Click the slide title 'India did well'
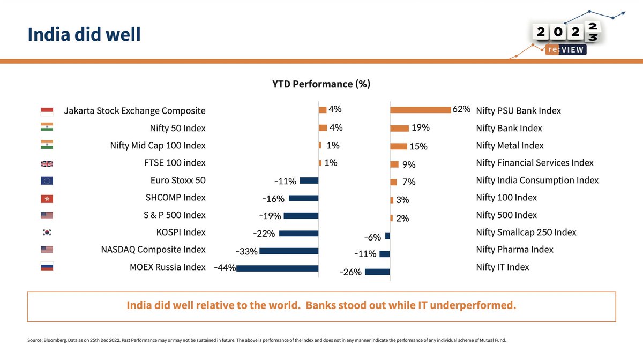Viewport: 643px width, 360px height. coord(84,34)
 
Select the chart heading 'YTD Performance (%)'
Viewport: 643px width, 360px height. coord(322,84)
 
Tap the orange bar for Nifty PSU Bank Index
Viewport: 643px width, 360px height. coord(420,110)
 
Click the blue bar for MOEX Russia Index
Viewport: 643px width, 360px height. coord(277,268)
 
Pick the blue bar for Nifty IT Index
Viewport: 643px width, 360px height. coord(377,272)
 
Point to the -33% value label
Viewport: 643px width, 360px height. coord(246,251)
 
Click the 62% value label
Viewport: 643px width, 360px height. coord(461,110)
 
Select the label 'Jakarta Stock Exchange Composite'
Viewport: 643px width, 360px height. coord(134,111)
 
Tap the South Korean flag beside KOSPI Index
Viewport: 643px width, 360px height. coord(47,232)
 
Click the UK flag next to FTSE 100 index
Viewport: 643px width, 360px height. coord(47,163)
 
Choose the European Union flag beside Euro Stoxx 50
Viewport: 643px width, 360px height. coord(47,181)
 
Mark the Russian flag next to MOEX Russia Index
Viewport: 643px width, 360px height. coord(47,267)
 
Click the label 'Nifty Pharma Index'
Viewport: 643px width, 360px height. coord(514,250)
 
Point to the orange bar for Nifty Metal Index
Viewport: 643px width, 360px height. coord(398,146)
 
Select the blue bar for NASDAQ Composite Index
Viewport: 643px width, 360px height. coord(288,251)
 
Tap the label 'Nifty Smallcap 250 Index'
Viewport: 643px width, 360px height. coord(526,232)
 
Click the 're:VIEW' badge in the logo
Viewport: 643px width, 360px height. coord(565,49)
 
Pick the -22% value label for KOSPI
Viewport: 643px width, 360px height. coord(264,234)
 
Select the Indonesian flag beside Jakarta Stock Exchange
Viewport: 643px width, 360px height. coord(47,111)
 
